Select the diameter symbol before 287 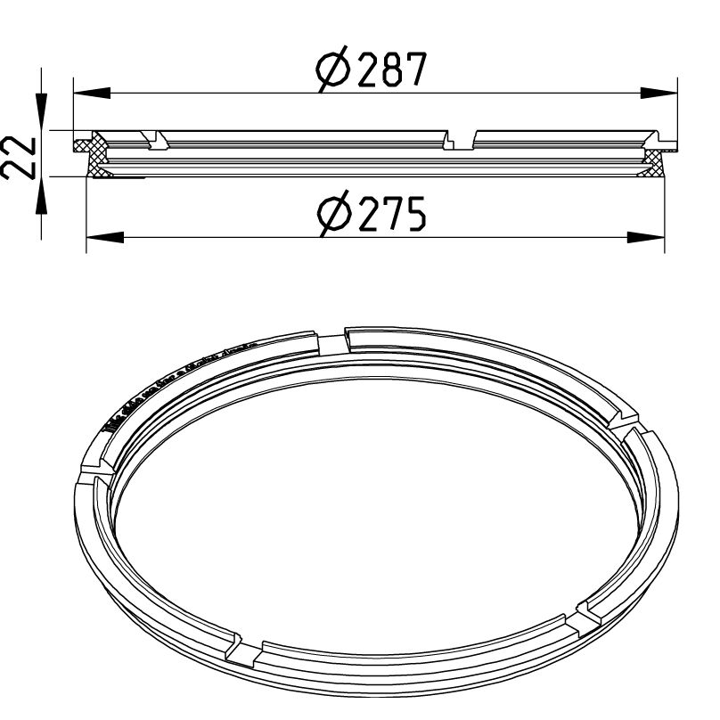coord(333,70)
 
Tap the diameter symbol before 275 coord(333,216)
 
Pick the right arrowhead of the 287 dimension coord(659,93)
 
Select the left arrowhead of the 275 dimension coord(103,237)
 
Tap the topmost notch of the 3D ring coord(331,340)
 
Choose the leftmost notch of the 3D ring coord(92,472)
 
